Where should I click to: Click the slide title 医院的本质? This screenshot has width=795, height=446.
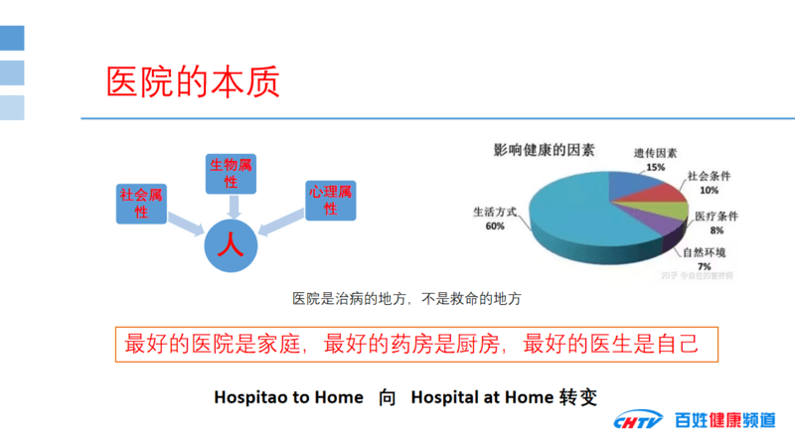click(193, 81)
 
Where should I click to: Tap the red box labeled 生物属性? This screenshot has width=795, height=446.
click(231, 173)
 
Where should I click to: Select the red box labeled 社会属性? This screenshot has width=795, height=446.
click(141, 203)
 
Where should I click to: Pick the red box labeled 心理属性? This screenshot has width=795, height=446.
click(330, 200)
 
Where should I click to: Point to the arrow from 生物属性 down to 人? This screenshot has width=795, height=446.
click(232, 206)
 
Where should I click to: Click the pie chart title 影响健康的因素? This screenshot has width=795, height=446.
click(544, 150)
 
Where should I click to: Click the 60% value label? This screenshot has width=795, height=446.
click(495, 226)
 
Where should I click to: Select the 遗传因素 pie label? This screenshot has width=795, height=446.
click(655, 154)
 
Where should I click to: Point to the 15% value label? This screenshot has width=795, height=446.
click(655, 168)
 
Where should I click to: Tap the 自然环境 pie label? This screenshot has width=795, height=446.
click(703, 251)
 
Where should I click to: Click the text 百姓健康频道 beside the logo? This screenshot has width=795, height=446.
click(723, 421)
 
